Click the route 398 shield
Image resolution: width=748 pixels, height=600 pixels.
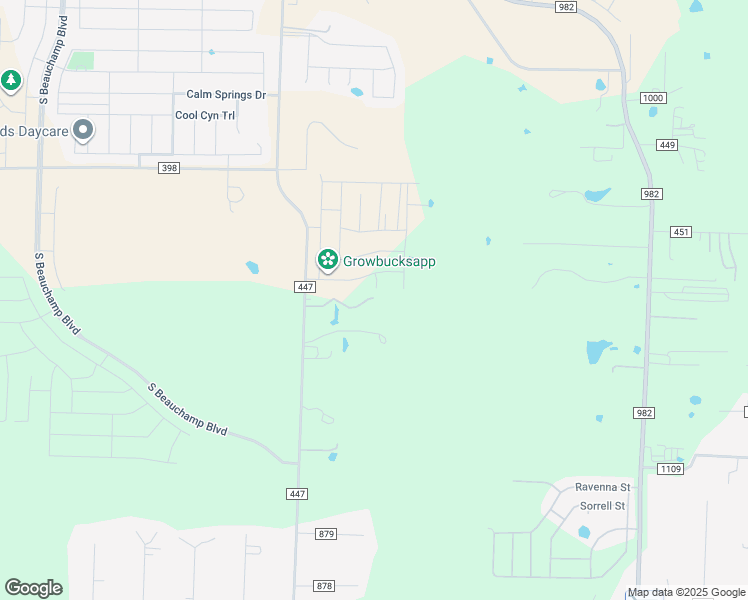tap(169, 168)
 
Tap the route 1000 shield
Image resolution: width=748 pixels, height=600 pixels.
tap(653, 97)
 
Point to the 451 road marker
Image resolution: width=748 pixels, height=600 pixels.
tap(681, 232)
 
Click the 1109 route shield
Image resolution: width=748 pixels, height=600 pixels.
tap(670, 468)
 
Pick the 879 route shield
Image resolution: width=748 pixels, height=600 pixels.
tap(325, 534)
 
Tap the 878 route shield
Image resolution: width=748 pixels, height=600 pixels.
tap(323, 586)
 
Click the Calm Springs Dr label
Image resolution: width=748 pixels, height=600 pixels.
tap(226, 95)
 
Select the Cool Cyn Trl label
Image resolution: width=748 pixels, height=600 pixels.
tap(205, 115)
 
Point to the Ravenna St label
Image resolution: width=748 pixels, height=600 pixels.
tap(601, 487)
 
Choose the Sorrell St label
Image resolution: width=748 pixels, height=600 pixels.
tap(602, 506)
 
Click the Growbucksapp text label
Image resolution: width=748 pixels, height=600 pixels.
tap(389, 261)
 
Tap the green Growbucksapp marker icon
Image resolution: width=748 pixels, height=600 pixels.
tap(327, 260)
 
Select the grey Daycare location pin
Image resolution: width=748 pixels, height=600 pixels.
tap(83, 130)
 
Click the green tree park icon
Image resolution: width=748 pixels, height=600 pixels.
tap(11, 80)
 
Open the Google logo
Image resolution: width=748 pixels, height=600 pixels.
tap(33, 588)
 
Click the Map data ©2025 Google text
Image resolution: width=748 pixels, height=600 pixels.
tap(686, 593)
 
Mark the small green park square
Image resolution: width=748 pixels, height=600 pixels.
tap(82, 61)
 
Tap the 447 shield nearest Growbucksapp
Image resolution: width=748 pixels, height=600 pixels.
tap(306, 287)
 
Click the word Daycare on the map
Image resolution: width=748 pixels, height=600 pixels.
tap(39, 131)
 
